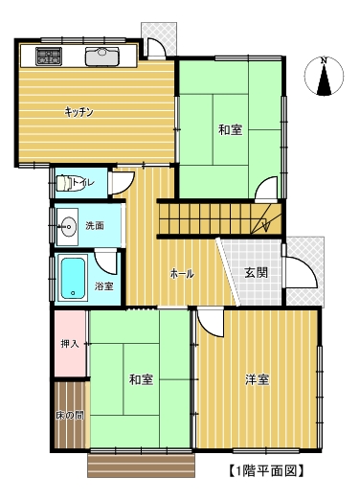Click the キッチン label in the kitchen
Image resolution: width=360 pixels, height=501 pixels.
(79, 112)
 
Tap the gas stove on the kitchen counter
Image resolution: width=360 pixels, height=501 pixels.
(49, 57)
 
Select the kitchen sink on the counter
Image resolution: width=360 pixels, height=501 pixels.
(101, 57)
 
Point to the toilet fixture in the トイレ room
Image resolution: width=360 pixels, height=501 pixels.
(68, 183)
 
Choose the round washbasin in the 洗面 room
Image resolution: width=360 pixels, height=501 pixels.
(68, 226)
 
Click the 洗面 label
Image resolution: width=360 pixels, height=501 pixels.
(95, 225)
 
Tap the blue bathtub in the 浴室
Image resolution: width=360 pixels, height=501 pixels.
(73, 279)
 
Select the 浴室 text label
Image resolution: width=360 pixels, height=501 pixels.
(103, 286)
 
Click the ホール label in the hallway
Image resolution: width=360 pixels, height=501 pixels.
(182, 274)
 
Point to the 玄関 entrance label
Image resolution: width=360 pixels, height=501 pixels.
(256, 273)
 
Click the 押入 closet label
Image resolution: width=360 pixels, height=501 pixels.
(70, 344)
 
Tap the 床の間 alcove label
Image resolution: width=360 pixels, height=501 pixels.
(70, 416)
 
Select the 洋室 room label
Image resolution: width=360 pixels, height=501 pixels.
(257, 379)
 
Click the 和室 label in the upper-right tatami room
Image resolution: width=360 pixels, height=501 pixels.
(231, 129)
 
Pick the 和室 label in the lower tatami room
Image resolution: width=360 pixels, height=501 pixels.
(141, 379)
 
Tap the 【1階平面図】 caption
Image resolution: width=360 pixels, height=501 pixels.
(266, 470)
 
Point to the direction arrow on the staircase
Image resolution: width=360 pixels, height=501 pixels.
(266, 221)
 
